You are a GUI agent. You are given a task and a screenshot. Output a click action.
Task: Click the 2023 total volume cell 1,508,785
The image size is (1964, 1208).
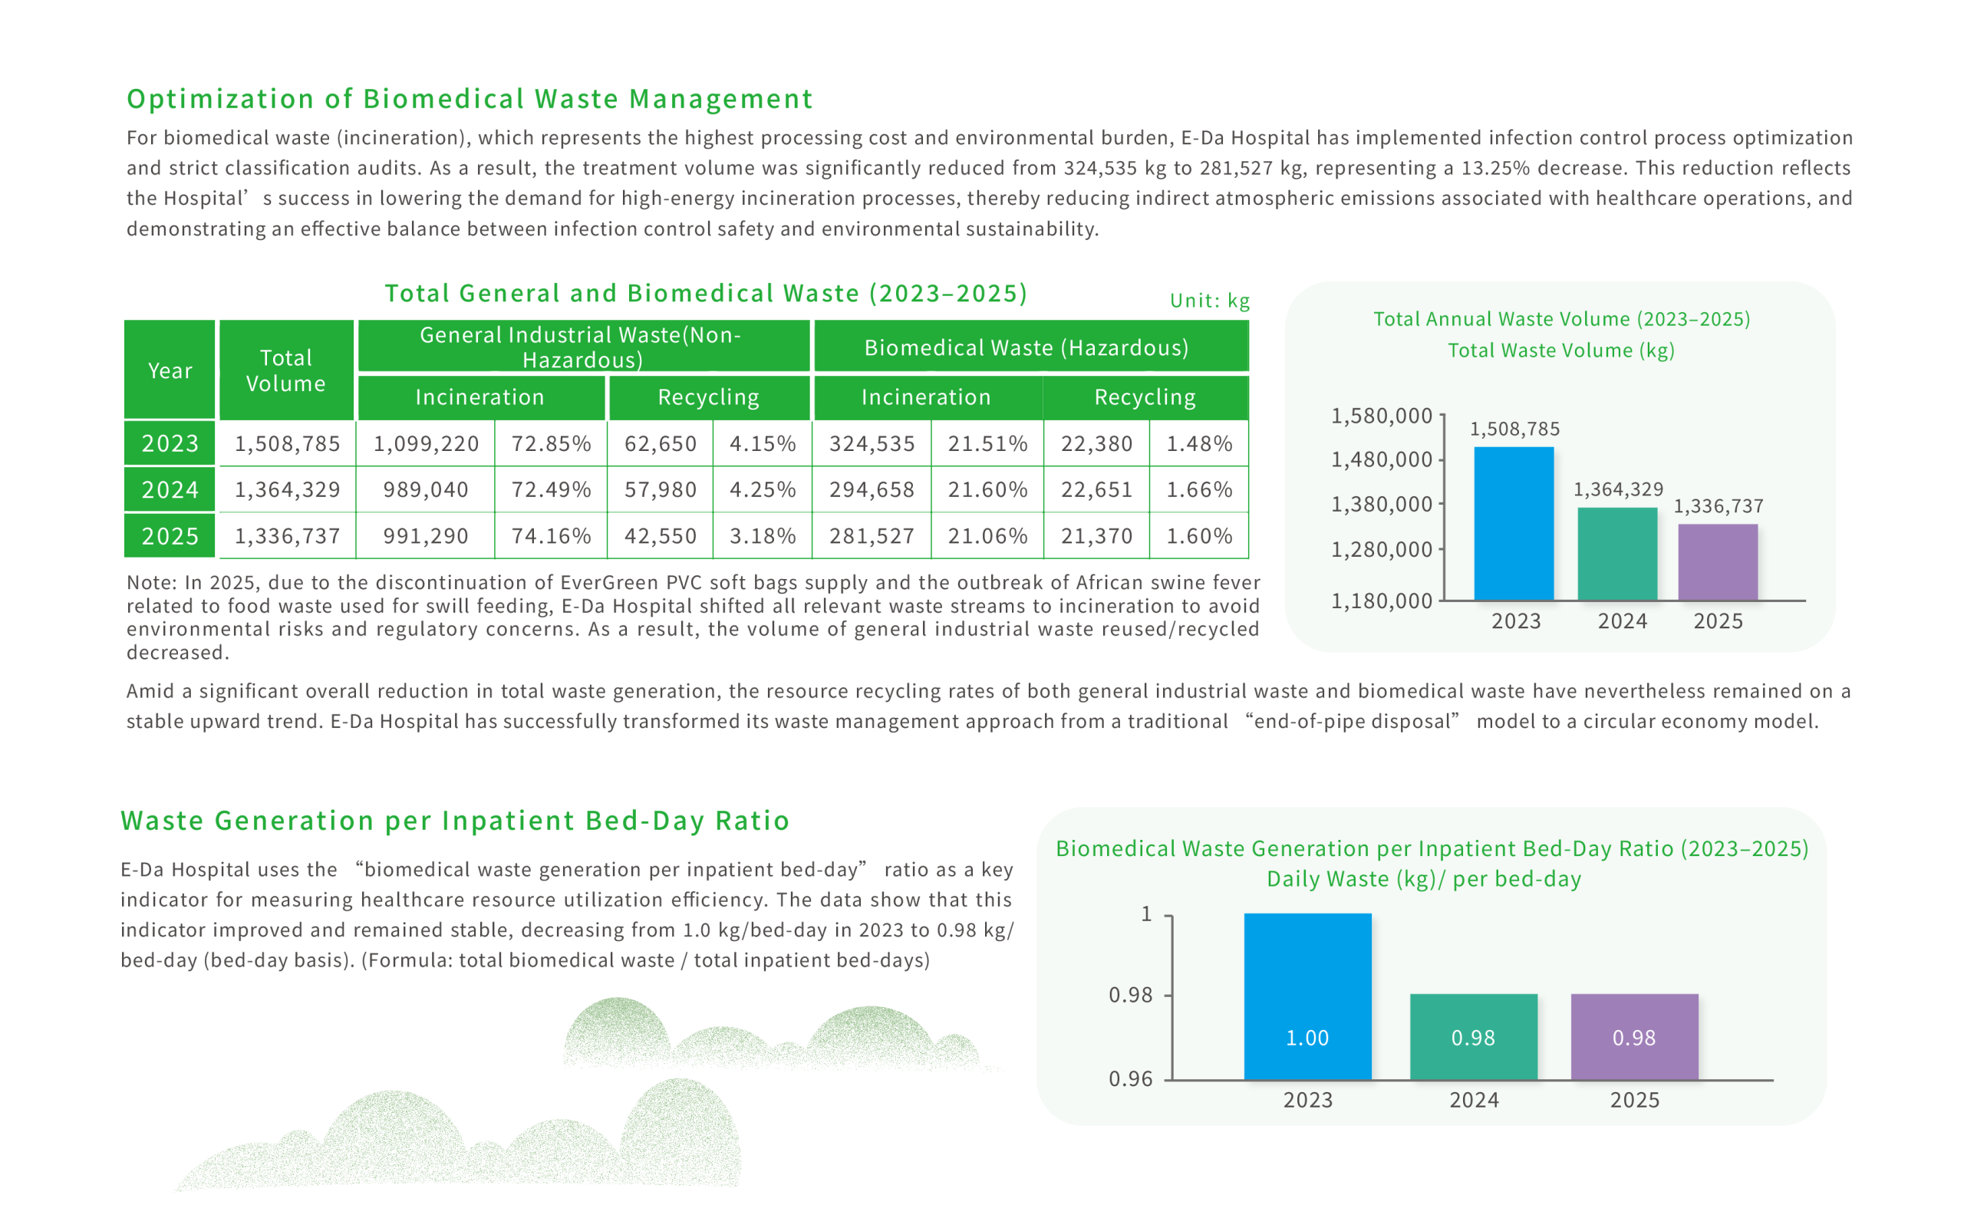coord(287,443)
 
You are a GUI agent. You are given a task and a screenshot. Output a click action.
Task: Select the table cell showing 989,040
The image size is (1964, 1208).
coord(425,489)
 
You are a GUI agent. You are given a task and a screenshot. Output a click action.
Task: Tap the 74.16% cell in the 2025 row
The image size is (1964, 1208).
coord(551,535)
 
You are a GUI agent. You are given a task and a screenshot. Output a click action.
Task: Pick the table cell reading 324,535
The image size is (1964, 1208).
coord(872,443)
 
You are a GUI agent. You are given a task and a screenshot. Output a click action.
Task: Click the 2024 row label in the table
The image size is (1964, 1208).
coord(170,489)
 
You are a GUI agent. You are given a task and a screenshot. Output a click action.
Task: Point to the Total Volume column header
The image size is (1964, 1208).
coord(286,370)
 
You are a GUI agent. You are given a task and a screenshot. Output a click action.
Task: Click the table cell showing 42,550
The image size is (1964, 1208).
coord(660,535)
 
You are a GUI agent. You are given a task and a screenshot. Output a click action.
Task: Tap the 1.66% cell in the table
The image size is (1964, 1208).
coord(1198,489)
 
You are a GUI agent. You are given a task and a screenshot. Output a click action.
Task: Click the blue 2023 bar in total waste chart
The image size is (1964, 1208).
coord(1514,523)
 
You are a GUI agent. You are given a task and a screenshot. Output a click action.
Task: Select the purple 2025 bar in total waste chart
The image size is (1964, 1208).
coord(1717,561)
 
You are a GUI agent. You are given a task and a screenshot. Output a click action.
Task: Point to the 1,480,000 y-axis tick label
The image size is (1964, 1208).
coord(1381,459)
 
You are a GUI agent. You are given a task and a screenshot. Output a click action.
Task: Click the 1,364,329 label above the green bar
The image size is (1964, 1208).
coord(1618,489)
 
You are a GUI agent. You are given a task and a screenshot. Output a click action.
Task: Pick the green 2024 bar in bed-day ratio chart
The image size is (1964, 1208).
coord(1474,1036)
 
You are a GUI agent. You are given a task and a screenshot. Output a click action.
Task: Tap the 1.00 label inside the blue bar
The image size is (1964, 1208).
coord(1307,1038)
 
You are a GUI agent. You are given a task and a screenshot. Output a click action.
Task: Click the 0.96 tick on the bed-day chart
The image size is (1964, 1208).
coord(1131,1078)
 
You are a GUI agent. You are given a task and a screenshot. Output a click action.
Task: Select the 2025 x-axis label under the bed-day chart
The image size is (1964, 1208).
coord(1635,1100)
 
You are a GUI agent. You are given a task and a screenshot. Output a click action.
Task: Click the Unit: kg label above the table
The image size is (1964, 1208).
coord(1210,301)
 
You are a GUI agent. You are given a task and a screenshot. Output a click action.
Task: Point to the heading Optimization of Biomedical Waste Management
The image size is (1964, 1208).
coord(470,98)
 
